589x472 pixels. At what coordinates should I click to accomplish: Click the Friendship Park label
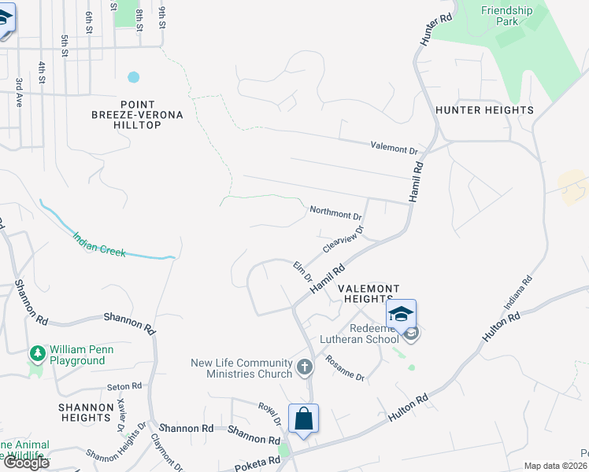click(506, 16)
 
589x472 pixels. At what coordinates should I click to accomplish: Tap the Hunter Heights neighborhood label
click(484, 110)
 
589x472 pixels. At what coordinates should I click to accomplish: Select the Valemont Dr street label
click(394, 148)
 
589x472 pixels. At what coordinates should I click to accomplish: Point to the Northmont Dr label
click(335, 212)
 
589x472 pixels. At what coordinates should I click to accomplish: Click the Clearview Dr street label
click(343, 240)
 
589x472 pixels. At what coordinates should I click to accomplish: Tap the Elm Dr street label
click(303, 273)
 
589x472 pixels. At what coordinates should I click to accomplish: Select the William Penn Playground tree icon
click(36, 354)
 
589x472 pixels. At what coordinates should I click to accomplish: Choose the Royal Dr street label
click(270, 411)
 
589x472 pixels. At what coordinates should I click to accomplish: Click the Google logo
click(25, 463)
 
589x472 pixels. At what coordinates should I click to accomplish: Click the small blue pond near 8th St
click(133, 77)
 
